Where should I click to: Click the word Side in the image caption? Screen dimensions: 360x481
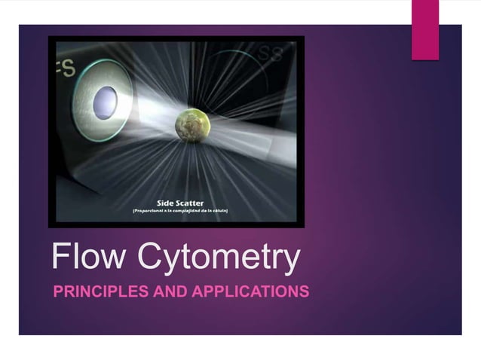(x=168, y=203)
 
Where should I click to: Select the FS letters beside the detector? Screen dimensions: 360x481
(x=65, y=69)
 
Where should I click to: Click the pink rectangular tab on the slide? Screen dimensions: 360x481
(x=425, y=29)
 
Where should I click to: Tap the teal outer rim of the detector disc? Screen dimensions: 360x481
(x=84, y=103)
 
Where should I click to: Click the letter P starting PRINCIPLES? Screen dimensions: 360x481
(x=57, y=291)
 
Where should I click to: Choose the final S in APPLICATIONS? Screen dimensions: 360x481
(x=305, y=291)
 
